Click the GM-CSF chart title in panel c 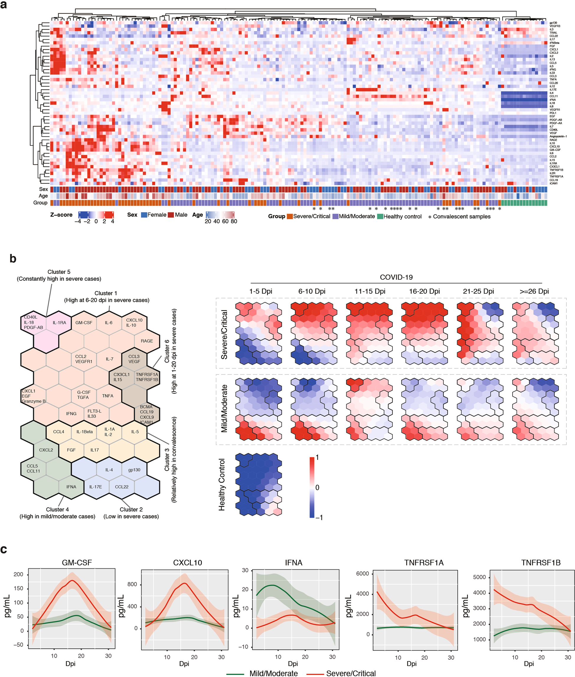tap(77, 562)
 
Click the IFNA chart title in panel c tap(293, 562)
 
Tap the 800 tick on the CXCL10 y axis tap(132, 584)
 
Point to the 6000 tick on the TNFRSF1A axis tap(362, 574)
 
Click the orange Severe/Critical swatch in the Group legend tap(290, 217)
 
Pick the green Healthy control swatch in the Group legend tap(380, 217)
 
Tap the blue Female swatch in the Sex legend tap(144, 215)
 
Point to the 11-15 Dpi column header tap(370, 291)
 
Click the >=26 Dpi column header tap(534, 291)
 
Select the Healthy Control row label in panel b tap(222, 485)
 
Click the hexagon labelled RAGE tap(147, 341)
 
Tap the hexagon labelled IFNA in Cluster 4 tap(71, 487)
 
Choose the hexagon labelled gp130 tap(134, 470)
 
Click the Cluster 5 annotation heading tap(59, 272)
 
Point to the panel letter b tap(13, 259)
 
